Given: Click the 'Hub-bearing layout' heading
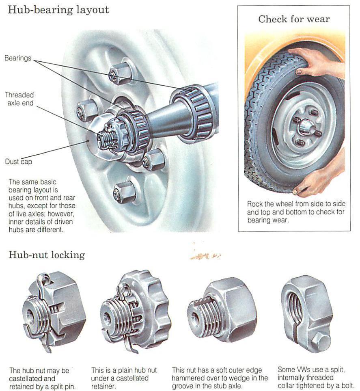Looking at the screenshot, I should tap(58, 10).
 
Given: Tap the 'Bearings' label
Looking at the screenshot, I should tap(18, 58).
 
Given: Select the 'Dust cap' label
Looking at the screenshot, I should tap(18, 161).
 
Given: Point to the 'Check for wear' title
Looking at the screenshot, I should tap(294, 19).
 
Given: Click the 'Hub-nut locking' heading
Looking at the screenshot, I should tap(47, 255).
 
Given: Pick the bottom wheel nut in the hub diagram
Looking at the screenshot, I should tap(124, 191).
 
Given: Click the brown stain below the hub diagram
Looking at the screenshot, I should tap(205, 256).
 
